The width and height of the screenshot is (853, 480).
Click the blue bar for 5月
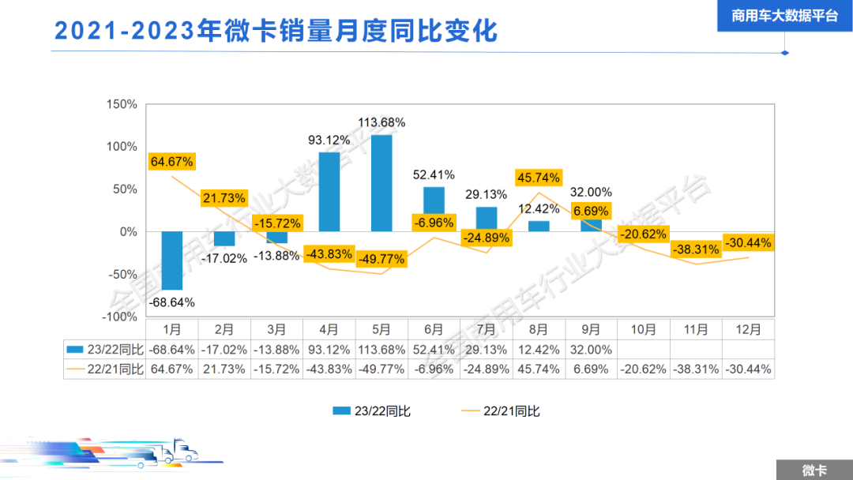(x=381, y=183)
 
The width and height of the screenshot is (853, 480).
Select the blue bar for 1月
(x=171, y=261)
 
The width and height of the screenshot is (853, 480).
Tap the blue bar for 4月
(x=329, y=192)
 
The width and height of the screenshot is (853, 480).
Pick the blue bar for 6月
(x=434, y=209)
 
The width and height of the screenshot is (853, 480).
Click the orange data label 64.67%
(x=171, y=162)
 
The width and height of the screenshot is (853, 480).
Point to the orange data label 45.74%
(x=538, y=178)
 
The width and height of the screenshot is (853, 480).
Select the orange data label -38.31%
(x=696, y=249)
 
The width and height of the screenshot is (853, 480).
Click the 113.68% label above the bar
(x=381, y=122)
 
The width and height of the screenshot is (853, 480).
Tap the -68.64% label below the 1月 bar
(x=171, y=302)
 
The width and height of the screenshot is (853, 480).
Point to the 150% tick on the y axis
(x=122, y=104)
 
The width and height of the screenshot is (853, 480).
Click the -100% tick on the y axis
(x=120, y=317)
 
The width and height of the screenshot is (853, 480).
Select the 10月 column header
(x=644, y=329)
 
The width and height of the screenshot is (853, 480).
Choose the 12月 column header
(x=748, y=329)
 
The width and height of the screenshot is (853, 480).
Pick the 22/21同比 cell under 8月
(x=539, y=369)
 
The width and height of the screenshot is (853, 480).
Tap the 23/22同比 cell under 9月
(x=591, y=349)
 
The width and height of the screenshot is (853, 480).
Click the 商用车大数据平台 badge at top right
(x=784, y=16)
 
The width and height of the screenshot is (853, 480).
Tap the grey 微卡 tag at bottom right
(x=814, y=470)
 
